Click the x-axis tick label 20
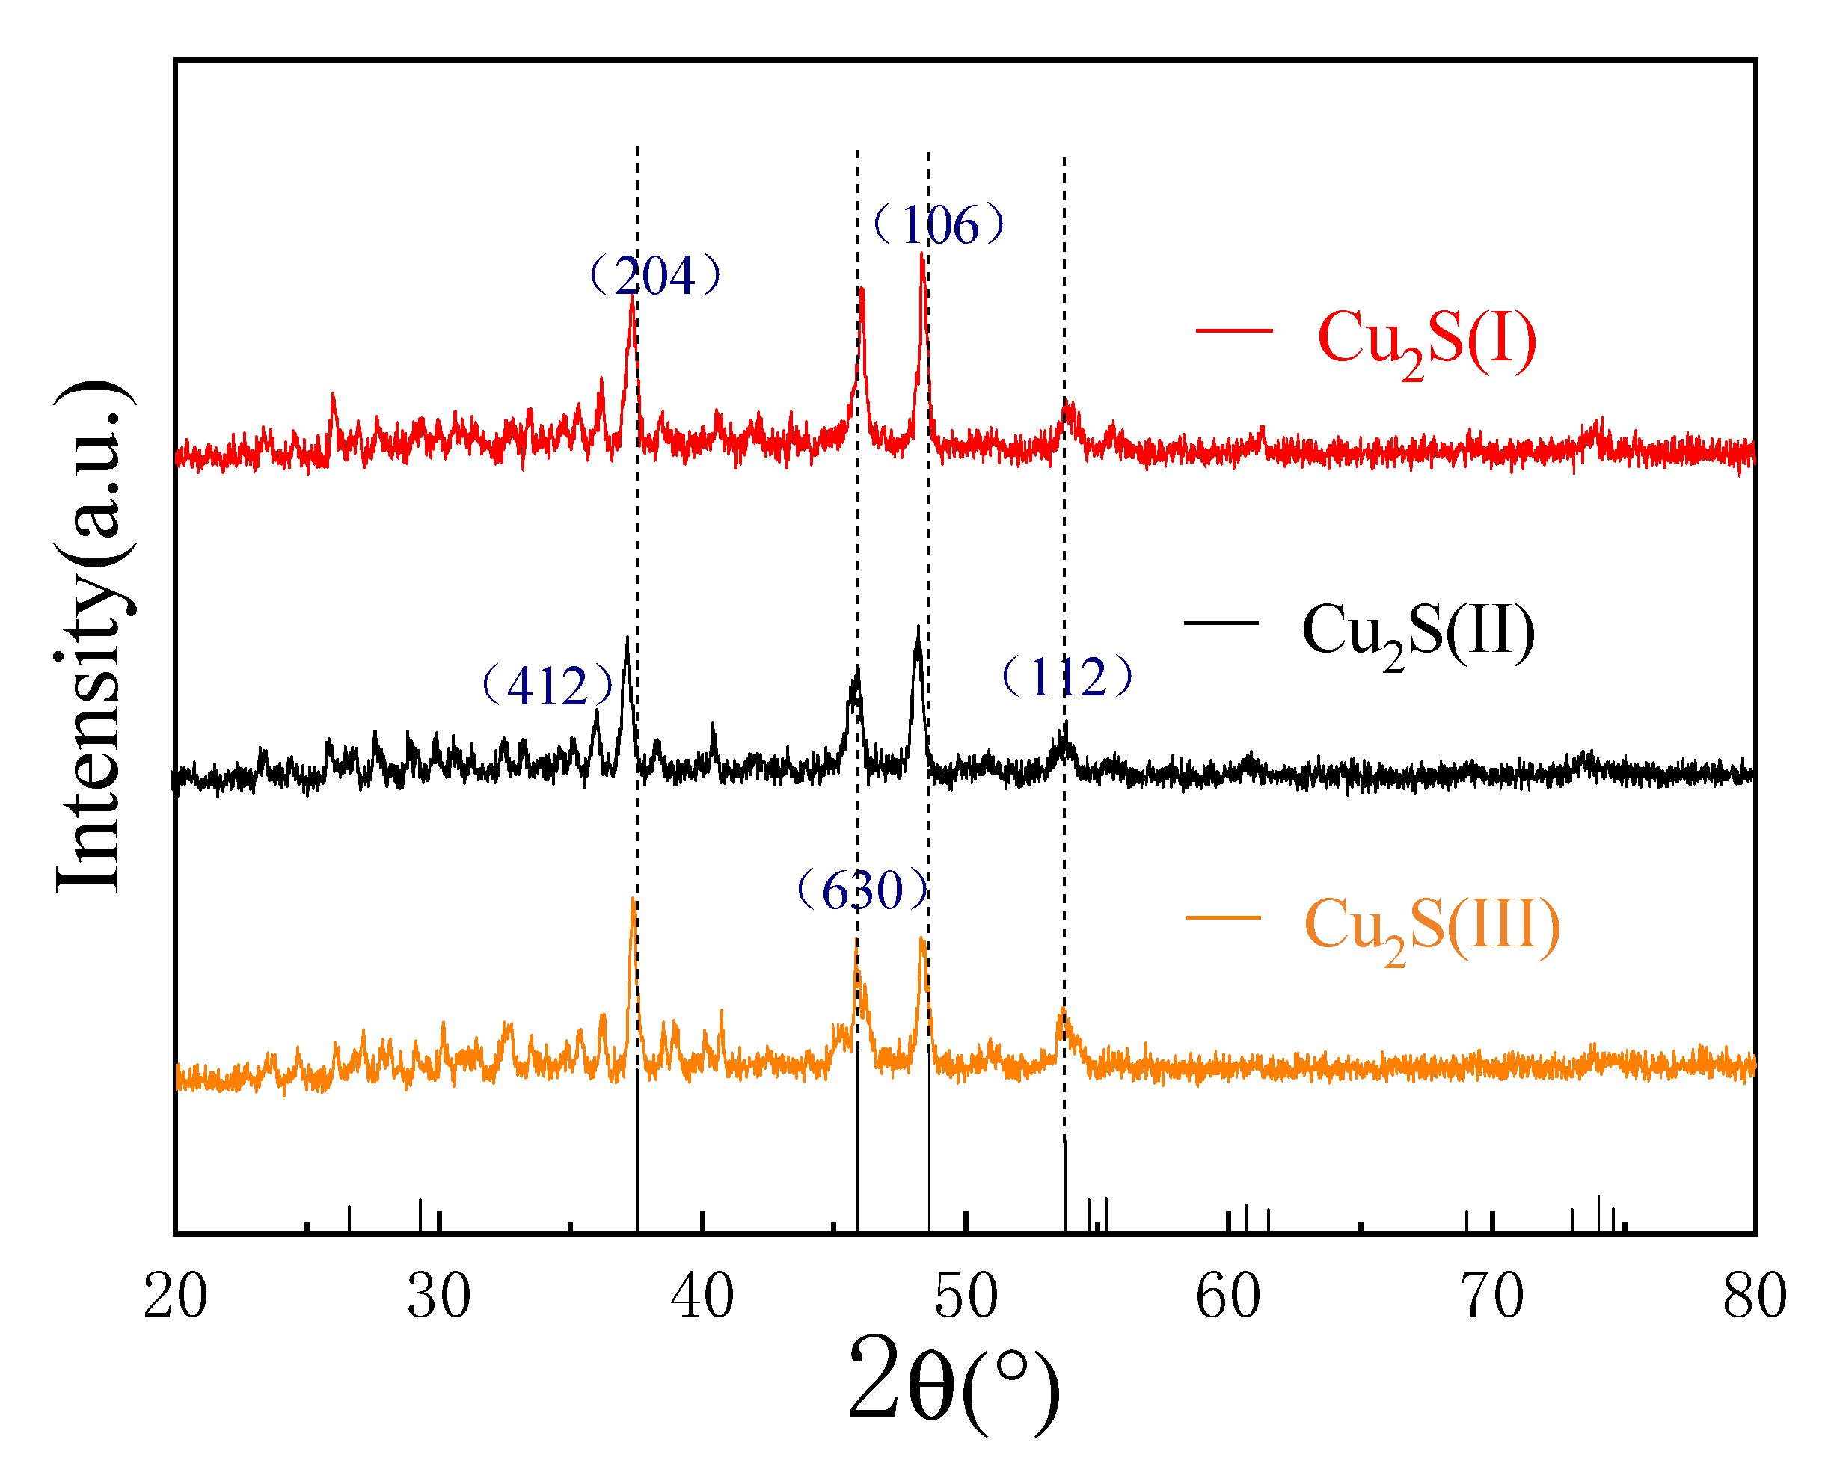point(176,1297)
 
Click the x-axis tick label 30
point(438,1297)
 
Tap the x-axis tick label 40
point(702,1297)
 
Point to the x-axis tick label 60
point(1228,1297)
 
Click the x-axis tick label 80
point(1755,1297)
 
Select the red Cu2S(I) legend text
point(1427,339)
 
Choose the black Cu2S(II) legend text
point(1418,631)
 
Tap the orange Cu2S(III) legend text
point(1432,926)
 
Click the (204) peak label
point(655,276)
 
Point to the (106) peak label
point(939,225)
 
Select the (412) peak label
point(547,685)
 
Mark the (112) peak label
point(1067,677)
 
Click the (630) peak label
point(862,890)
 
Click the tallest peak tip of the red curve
point(922,254)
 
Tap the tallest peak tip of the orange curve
point(632,899)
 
